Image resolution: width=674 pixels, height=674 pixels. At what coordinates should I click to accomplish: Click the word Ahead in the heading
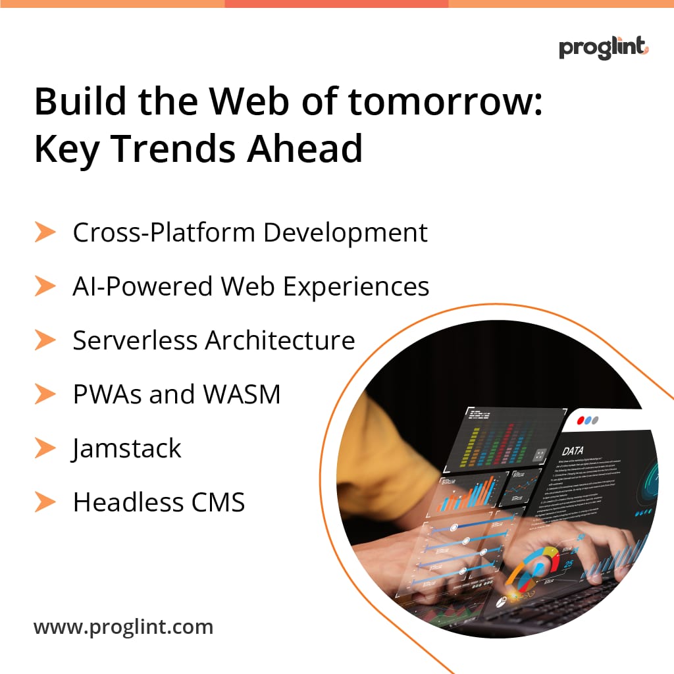305,149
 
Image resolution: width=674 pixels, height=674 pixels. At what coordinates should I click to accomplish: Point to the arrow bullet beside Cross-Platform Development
45,232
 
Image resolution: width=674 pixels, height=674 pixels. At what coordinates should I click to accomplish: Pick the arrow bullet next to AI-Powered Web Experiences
45,286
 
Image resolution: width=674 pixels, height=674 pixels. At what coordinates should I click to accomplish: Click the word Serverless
135,340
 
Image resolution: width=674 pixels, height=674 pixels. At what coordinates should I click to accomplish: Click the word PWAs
107,394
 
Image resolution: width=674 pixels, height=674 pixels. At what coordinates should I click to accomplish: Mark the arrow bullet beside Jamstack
45,448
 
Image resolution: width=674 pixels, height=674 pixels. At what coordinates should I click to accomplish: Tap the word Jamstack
127,449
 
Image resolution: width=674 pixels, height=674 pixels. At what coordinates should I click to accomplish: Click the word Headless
122,502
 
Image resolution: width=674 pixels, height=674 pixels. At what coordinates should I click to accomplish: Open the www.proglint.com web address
124,627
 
